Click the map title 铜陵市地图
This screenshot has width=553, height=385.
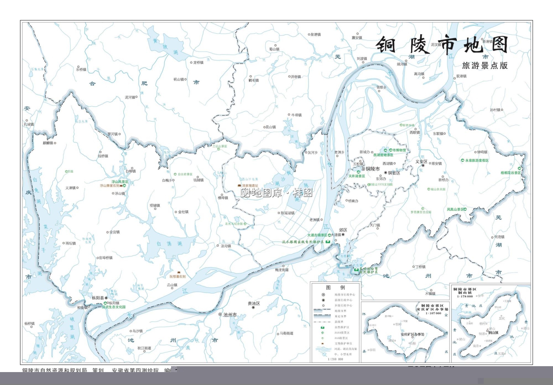tap(442, 45)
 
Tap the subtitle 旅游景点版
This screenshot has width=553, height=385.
tap(485, 66)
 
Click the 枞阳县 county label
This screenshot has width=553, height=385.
tap(98, 298)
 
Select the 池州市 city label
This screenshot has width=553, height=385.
tap(230, 315)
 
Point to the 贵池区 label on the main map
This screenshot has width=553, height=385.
tap(254, 303)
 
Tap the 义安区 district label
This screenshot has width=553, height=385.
tap(421, 162)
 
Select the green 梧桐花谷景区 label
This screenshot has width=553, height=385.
tap(511, 173)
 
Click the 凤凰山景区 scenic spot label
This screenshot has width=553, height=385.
tap(455, 209)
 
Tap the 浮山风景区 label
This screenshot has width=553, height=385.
tap(120, 182)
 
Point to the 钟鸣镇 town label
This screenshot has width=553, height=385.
tap(482, 152)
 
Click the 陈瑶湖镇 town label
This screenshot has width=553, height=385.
tap(288, 213)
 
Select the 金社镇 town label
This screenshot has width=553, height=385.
tap(183, 212)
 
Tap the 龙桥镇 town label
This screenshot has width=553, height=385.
tap(198, 63)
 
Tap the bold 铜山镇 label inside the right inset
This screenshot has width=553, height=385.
tap(493, 333)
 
